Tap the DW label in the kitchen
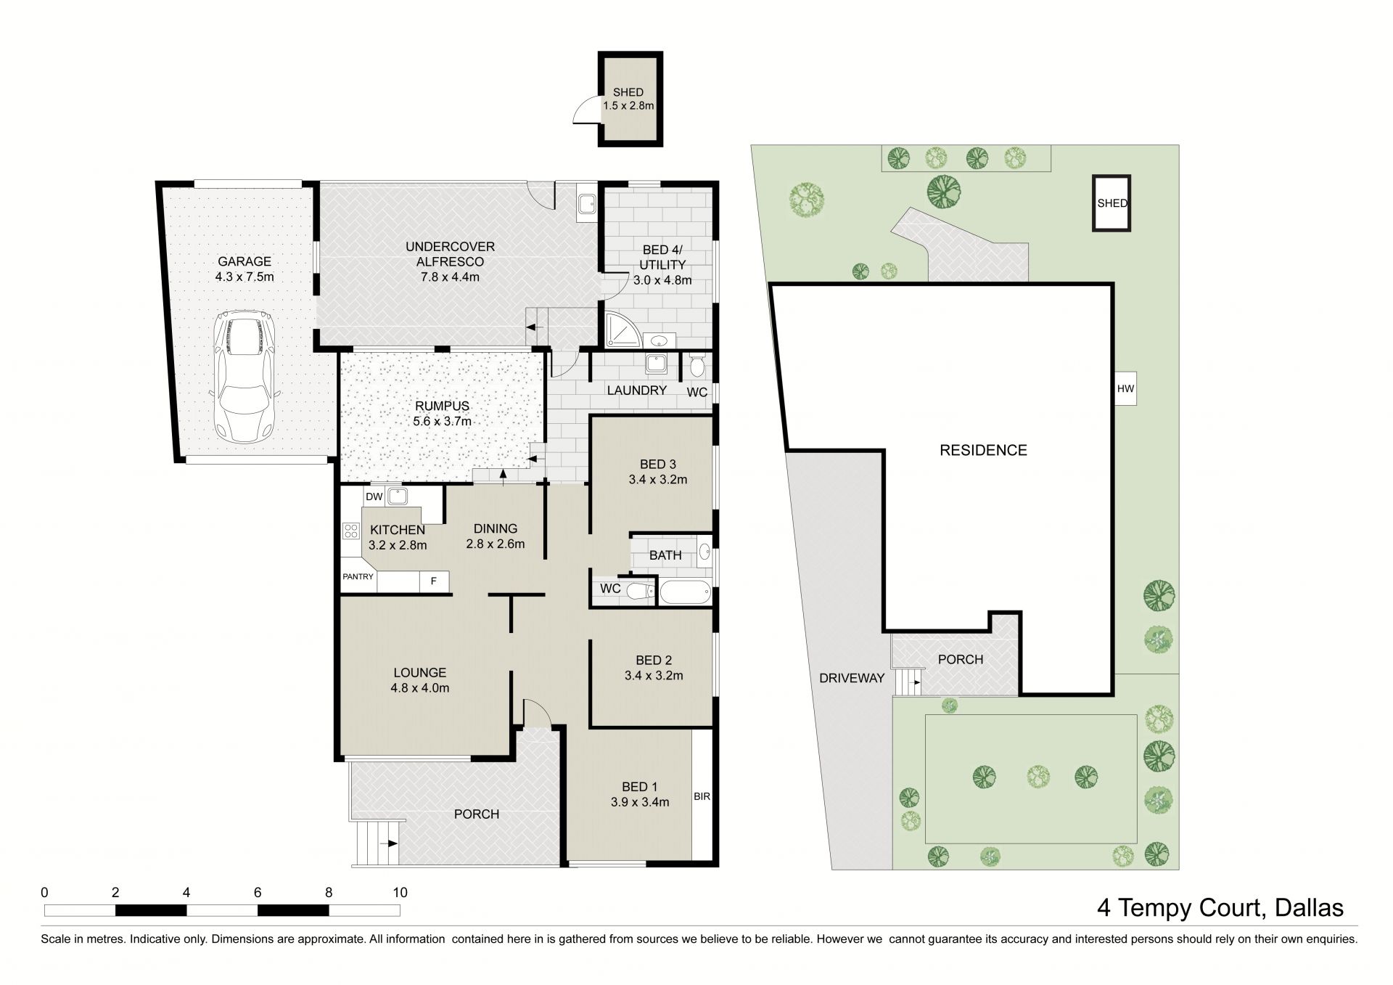coord(374,497)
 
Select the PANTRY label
coord(358,577)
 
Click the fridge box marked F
coord(434,581)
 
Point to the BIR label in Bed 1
coord(702,796)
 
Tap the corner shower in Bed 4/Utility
coord(623,331)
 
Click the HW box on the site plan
coord(1125,389)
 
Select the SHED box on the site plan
coord(1111,203)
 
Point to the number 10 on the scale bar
coord(400,893)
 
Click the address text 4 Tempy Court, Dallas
coord(1220,907)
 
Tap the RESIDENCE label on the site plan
coord(983,450)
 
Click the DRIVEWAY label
coord(852,678)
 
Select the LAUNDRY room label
coord(636,391)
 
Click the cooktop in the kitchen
coord(351,531)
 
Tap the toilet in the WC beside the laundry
coord(697,366)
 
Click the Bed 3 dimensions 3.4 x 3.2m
coord(658,479)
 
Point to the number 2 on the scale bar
coord(115,893)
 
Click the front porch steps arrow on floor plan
coord(389,843)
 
